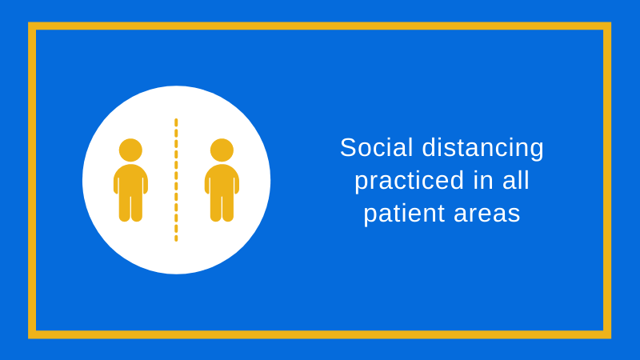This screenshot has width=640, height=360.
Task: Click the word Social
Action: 376,147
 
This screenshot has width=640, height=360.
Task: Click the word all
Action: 515,181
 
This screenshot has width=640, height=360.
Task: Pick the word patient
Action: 404,214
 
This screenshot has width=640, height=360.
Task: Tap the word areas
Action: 487,214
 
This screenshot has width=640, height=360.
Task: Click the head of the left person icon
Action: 130,150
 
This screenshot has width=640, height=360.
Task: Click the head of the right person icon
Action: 222,150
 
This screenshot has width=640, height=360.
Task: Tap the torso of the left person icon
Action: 130,179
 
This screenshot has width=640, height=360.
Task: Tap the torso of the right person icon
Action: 222,179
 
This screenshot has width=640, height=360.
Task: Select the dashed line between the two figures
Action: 176,180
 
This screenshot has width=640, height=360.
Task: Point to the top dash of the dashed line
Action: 176,122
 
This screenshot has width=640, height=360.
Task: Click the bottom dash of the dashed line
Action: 176,238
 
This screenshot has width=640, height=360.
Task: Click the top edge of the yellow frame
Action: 319,26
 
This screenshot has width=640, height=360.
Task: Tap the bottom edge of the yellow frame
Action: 319,334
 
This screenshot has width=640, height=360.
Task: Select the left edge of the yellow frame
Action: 32,181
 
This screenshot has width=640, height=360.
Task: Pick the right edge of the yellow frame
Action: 607,181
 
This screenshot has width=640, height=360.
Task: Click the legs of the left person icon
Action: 130,208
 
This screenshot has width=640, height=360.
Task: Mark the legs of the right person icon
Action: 222,208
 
